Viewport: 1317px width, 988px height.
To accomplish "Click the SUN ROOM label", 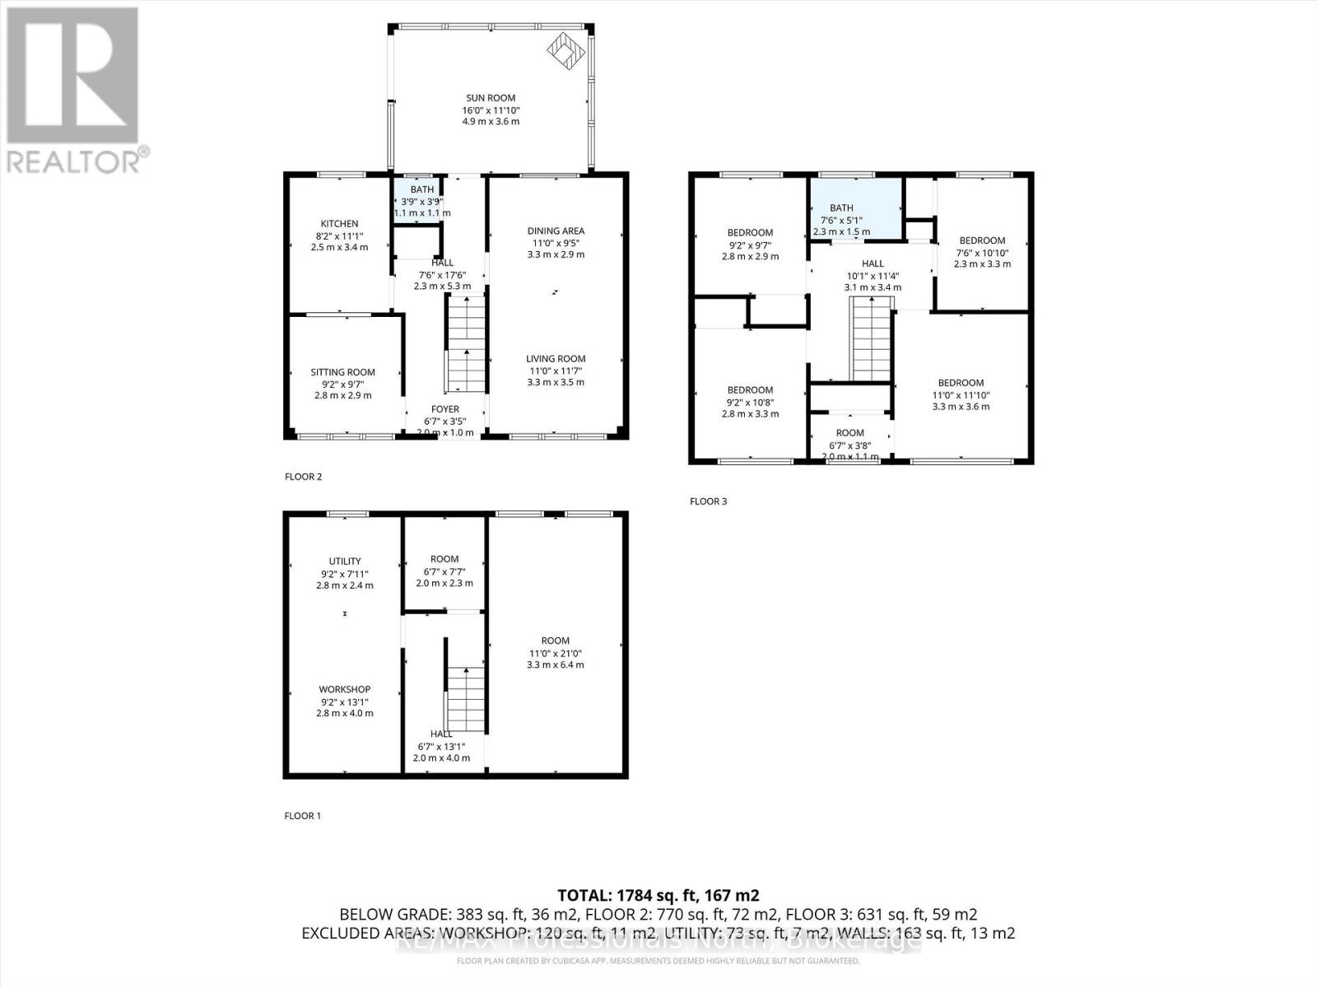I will pyautogui.click(x=491, y=98).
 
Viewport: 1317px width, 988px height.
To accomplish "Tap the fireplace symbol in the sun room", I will pyautogui.click(x=566, y=51).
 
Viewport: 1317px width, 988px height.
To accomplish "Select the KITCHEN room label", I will pyautogui.click(x=339, y=224).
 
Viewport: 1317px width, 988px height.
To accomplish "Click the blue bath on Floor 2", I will pyautogui.click(x=421, y=199).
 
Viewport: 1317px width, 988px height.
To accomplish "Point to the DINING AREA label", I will pyautogui.click(x=556, y=231).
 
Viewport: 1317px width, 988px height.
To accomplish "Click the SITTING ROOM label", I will pyautogui.click(x=342, y=372).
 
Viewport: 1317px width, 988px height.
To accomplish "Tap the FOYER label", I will pyautogui.click(x=445, y=409).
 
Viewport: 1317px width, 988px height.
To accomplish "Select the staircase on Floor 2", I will pyautogui.click(x=467, y=344).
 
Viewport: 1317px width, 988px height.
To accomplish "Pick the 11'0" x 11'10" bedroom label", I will pyautogui.click(x=961, y=383).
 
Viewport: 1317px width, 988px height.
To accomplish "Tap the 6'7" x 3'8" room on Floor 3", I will pyautogui.click(x=850, y=433).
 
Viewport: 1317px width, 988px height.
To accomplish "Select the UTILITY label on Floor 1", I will pyautogui.click(x=345, y=562).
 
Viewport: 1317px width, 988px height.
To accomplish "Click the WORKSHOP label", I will pyautogui.click(x=345, y=689).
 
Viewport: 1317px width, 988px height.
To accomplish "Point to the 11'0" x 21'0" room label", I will pyautogui.click(x=556, y=641).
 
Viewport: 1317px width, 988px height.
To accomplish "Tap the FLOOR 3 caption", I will pyautogui.click(x=709, y=501).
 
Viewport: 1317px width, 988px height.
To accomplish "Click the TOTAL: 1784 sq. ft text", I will pyautogui.click(x=658, y=895).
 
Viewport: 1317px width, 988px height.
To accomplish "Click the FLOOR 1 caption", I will pyautogui.click(x=303, y=816).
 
